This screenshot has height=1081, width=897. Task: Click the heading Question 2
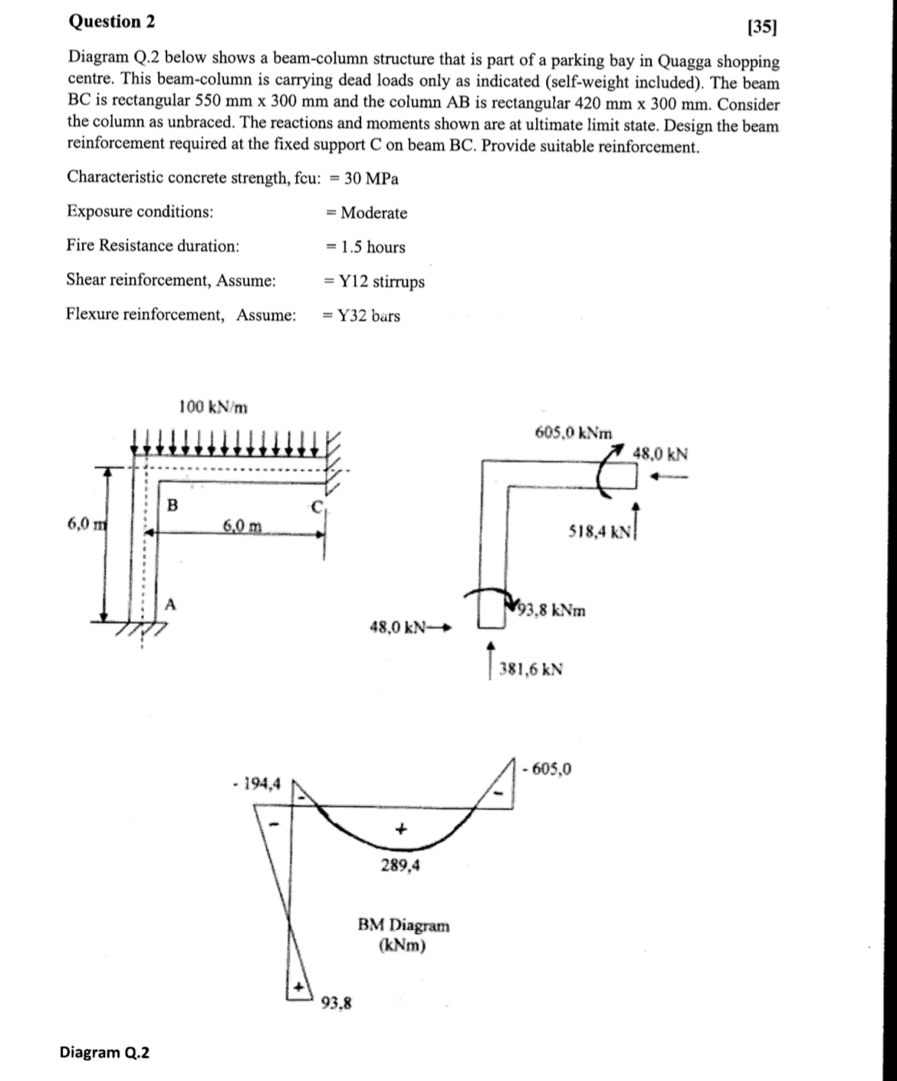click(x=112, y=21)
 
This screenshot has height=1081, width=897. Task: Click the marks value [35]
click(x=761, y=28)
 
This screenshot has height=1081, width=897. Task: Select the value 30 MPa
click(x=371, y=179)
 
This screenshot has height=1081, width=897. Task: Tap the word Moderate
click(x=373, y=213)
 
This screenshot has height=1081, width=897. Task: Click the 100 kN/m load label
click(x=213, y=406)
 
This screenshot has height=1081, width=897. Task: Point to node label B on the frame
click(x=172, y=505)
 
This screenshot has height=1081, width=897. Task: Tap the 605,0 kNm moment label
click(x=573, y=432)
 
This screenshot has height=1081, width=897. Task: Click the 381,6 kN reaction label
click(x=531, y=669)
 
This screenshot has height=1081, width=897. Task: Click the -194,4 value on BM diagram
click(x=256, y=784)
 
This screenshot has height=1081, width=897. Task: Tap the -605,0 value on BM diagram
click(x=547, y=768)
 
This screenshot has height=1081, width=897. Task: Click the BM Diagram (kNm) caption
click(x=403, y=935)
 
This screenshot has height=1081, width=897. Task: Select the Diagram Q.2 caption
click(x=105, y=1052)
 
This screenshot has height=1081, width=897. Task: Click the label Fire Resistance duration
click(x=153, y=246)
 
